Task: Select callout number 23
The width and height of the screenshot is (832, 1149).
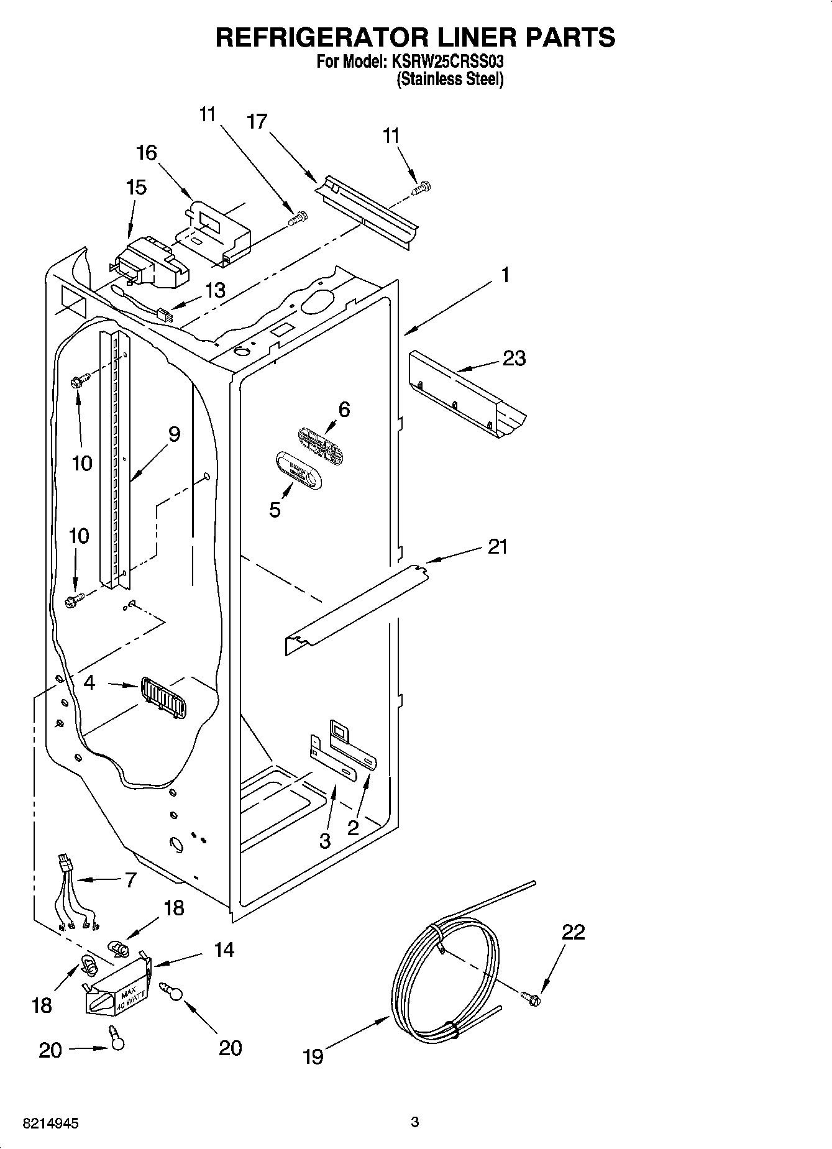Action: (514, 359)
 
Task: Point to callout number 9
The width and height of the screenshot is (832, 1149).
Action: (174, 434)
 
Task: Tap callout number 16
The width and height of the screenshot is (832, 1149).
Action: (147, 153)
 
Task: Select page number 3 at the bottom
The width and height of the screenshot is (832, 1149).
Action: (415, 1122)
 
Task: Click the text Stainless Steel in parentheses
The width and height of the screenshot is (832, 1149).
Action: (450, 80)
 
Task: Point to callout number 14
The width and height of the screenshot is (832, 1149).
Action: (224, 950)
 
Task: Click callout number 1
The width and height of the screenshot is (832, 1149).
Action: (505, 275)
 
